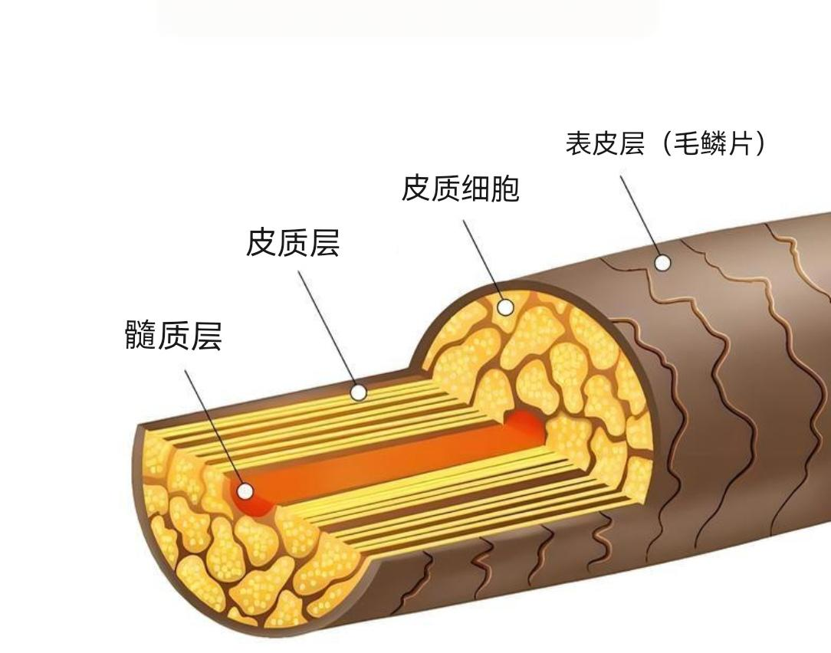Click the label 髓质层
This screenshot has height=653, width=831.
click(173, 336)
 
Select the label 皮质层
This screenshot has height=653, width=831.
click(292, 243)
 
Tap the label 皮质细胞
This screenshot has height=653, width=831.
click(460, 188)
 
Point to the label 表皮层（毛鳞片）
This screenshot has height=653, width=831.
click(665, 143)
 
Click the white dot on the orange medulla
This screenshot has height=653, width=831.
click(245, 491)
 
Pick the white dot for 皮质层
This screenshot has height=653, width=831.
click(358, 393)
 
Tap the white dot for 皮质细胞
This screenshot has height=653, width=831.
click(505, 307)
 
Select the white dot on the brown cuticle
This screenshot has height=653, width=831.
click(662, 263)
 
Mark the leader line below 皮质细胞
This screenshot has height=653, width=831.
click(483, 261)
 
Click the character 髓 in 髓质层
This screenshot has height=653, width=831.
click(141, 336)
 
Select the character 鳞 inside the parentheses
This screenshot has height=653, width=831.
click(712, 143)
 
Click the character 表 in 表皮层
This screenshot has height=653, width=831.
click(579, 143)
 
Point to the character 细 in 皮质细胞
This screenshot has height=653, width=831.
click(475, 188)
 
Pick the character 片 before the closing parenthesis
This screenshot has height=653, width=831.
click(739, 143)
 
